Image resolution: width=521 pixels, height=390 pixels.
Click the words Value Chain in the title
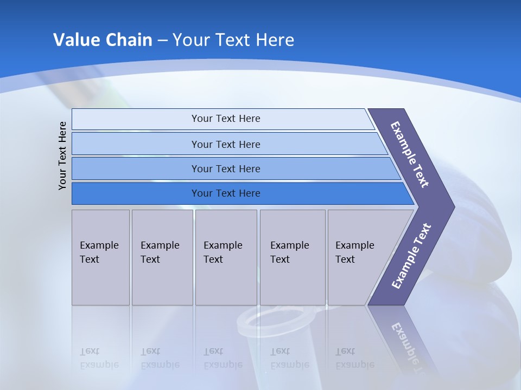[x=103, y=40]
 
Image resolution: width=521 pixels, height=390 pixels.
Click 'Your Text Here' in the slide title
[x=233, y=40]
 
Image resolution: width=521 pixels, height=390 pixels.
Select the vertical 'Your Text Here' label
[x=63, y=155]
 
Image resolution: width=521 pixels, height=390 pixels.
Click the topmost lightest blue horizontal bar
[x=226, y=119]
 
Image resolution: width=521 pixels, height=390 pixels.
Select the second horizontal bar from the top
[x=226, y=144]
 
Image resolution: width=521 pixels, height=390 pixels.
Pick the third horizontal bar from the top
[x=226, y=168]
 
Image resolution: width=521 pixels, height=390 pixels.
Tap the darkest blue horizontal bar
[x=226, y=193]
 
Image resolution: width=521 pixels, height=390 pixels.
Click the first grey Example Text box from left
[x=100, y=257]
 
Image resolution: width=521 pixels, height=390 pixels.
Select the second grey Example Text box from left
[x=162, y=257]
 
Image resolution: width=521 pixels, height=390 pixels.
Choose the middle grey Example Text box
[x=226, y=257]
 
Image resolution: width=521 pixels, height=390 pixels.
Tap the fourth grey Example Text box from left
[x=293, y=257]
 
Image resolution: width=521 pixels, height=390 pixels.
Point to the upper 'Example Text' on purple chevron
[x=410, y=154]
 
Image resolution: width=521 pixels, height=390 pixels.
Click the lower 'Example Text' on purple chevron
[x=411, y=256]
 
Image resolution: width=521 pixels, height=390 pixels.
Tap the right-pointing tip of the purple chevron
[x=452, y=207]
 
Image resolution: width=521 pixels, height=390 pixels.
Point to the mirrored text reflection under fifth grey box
[x=354, y=358]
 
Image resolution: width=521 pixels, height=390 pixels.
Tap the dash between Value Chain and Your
[x=162, y=41]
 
